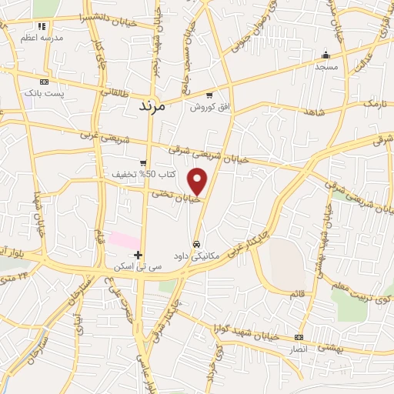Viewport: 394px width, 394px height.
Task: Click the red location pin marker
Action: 199,182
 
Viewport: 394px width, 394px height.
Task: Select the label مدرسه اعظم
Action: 42,38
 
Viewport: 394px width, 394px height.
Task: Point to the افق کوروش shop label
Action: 209,107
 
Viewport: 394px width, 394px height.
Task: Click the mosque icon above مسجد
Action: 326,55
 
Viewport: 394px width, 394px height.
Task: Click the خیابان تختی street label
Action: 176,195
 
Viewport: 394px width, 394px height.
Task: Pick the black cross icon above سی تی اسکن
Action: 139,255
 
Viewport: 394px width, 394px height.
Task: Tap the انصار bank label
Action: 298,349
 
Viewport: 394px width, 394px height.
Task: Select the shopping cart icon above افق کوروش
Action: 209,95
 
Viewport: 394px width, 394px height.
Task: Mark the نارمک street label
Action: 374,102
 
